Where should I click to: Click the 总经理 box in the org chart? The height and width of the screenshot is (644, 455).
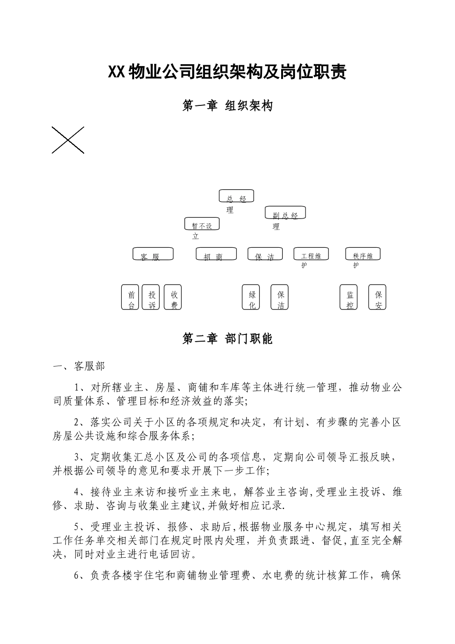(236, 196)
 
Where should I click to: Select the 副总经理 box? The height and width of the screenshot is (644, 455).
(285, 212)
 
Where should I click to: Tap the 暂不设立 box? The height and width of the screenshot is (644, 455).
(202, 223)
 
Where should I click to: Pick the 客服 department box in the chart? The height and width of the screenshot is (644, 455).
(153, 254)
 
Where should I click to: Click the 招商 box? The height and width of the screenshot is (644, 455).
(216, 254)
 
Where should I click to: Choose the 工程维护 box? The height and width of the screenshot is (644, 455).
(314, 254)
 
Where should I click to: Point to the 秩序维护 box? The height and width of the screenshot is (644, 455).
(363, 254)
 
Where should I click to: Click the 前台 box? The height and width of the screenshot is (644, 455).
(130, 297)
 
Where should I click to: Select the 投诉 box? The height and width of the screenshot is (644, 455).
(151, 297)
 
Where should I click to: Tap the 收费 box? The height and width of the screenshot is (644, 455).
(172, 297)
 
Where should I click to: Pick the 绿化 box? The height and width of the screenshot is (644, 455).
(251, 297)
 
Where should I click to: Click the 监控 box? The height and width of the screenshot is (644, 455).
(349, 297)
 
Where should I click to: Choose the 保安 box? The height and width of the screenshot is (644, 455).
(377, 297)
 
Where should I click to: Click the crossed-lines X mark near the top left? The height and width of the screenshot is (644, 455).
(68, 140)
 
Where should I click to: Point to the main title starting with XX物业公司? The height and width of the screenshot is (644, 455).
(227, 72)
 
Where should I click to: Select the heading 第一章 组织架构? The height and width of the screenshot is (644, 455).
(227, 106)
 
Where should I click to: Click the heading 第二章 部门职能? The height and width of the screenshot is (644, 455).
(227, 339)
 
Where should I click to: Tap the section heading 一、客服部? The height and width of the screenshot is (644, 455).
(79, 367)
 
